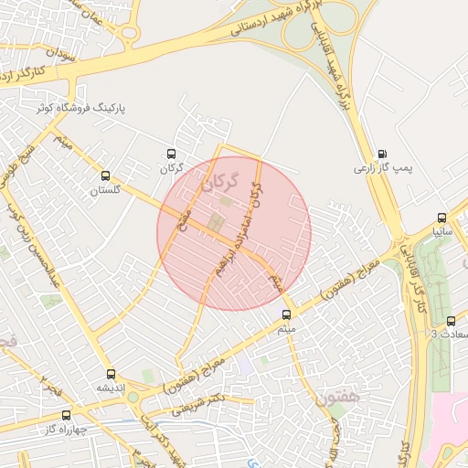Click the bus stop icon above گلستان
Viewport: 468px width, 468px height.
pyautogui.click(x=105, y=175)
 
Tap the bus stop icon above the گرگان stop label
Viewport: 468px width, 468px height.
pyautogui.click(x=170, y=154)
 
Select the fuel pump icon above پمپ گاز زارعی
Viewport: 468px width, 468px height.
pyautogui.click(x=382, y=154)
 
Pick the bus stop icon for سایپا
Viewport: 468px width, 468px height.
pyautogui.click(x=442, y=218)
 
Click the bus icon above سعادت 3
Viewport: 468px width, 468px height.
pyautogui.click(x=451, y=320)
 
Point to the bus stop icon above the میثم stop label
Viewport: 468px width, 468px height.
pyautogui.click(x=286, y=314)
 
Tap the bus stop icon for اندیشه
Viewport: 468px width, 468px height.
pyautogui.click(x=112, y=373)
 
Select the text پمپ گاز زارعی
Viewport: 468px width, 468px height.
pyautogui.click(x=384, y=169)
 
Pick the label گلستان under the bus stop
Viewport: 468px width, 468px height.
pyautogui.click(x=104, y=190)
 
